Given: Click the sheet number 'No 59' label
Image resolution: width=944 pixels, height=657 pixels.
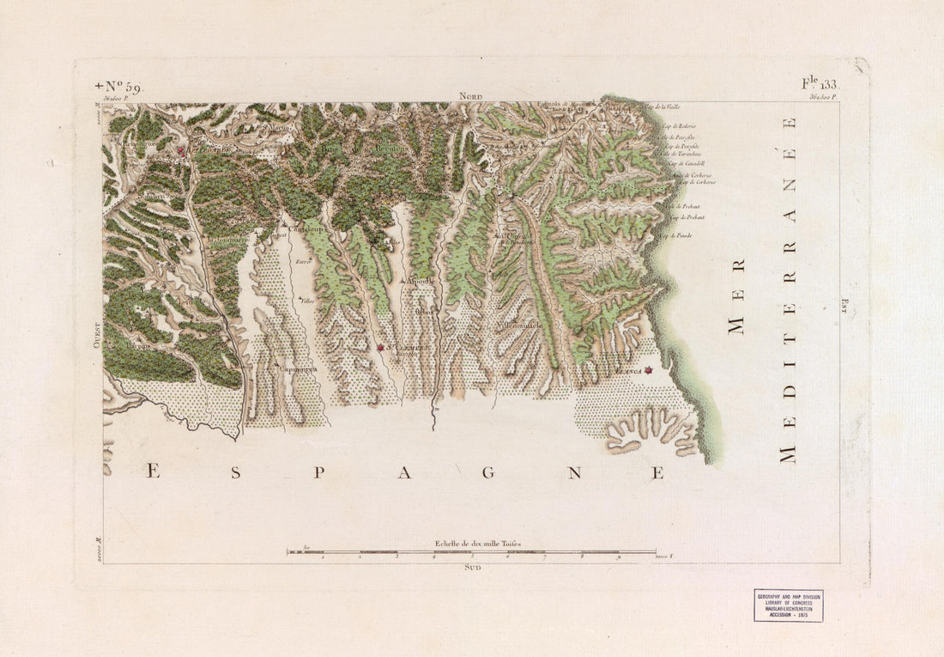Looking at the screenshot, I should [121, 87].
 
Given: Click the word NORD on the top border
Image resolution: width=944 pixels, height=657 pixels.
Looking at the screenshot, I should [471, 97].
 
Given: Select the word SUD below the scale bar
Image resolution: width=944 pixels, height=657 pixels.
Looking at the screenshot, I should [472, 568].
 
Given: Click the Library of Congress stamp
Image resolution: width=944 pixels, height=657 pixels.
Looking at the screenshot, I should [788, 605].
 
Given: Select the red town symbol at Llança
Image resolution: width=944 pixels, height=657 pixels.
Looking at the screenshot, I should [650, 371].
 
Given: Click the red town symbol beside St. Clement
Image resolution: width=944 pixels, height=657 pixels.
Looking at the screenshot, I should [380, 348].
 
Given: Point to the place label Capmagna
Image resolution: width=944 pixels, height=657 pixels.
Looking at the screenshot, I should [296, 368].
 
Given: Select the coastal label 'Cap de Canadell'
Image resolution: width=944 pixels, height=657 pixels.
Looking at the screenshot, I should [686, 163].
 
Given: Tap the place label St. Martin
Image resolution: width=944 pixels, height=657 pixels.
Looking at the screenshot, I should [279, 128].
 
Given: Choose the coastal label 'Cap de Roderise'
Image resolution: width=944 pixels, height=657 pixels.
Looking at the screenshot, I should [678, 125].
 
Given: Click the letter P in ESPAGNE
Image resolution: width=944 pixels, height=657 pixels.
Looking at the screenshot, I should [318, 472].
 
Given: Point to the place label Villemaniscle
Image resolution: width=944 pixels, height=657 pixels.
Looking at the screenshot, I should [518, 326].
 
